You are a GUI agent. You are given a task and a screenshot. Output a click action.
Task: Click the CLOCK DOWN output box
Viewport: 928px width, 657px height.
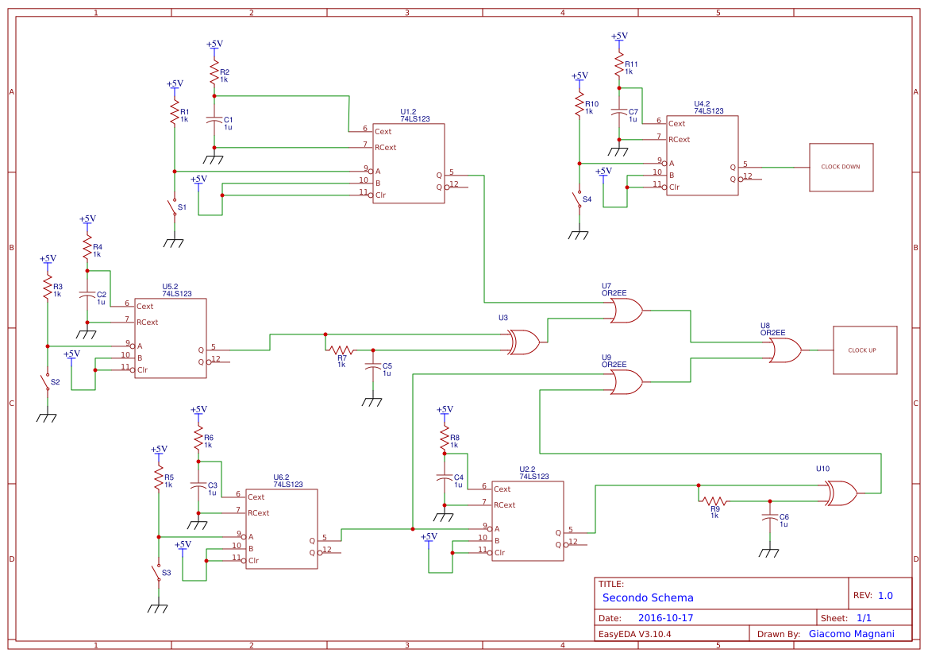click(x=841, y=167)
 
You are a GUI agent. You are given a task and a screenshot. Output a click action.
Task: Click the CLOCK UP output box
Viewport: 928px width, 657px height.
click(x=864, y=350)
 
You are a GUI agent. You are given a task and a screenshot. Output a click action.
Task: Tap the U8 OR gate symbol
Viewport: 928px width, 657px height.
click(x=784, y=350)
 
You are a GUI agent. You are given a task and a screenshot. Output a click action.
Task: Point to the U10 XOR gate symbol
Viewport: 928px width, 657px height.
click(x=841, y=493)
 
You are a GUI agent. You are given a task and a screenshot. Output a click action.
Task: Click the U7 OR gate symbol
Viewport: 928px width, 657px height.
click(x=626, y=311)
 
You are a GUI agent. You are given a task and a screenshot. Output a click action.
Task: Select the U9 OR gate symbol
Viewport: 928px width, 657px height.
click(x=626, y=382)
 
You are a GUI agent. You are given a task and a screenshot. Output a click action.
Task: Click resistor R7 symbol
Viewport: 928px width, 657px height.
click(x=341, y=350)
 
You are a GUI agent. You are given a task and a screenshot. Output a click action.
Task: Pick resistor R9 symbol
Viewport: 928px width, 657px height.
click(x=714, y=500)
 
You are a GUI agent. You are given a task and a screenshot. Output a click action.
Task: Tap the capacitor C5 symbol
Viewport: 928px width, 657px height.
click(x=372, y=367)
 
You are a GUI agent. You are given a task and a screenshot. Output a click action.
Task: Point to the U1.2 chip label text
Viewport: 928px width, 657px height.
click(x=408, y=111)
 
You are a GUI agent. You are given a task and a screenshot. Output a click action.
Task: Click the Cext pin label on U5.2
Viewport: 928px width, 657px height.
click(x=145, y=306)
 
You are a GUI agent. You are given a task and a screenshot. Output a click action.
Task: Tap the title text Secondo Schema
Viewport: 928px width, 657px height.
click(x=648, y=597)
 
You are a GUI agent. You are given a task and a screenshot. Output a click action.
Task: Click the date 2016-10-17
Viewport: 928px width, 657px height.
click(x=666, y=618)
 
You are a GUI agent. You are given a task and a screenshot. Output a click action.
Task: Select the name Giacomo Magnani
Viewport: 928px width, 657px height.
click(x=851, y=634)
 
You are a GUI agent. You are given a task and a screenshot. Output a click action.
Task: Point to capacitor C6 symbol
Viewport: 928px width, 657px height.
click(x=768, y=517)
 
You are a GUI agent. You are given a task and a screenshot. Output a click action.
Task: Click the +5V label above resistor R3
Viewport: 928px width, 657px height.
click(x=48, y=259)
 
